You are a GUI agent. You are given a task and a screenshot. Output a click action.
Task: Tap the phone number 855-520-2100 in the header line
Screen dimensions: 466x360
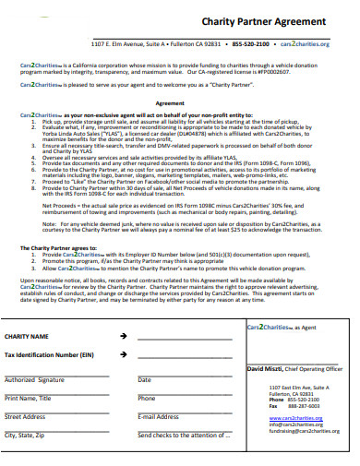[x=251, y=43]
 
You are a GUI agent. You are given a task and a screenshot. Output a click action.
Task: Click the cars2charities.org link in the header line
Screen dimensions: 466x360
[x=305, y=43]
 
